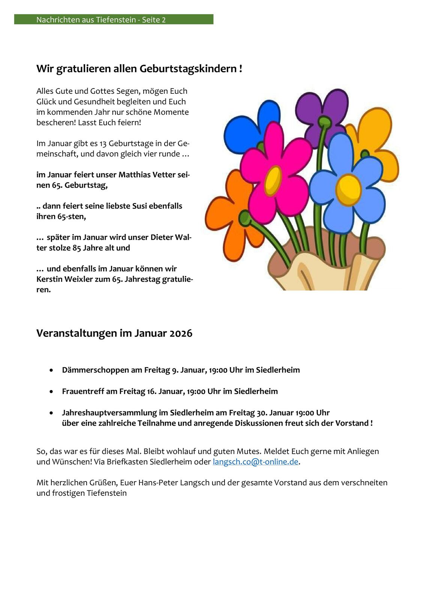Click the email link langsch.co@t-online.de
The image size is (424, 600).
point(255,462)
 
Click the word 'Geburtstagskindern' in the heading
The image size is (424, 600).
point(188,69)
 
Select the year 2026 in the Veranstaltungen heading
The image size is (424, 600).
point(181,333)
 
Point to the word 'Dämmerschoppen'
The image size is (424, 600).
point(96,370)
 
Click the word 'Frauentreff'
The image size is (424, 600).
point(83,391)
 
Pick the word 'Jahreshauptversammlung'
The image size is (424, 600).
point(109,413)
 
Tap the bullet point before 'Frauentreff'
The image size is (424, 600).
point(51,391)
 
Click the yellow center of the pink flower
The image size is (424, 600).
point(273,181)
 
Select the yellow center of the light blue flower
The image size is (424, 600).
point(348,189)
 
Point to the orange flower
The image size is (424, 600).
point(227,214)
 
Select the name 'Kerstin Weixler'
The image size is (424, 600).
point(64,279)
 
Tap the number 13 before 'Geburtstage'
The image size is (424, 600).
point(103,144)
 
